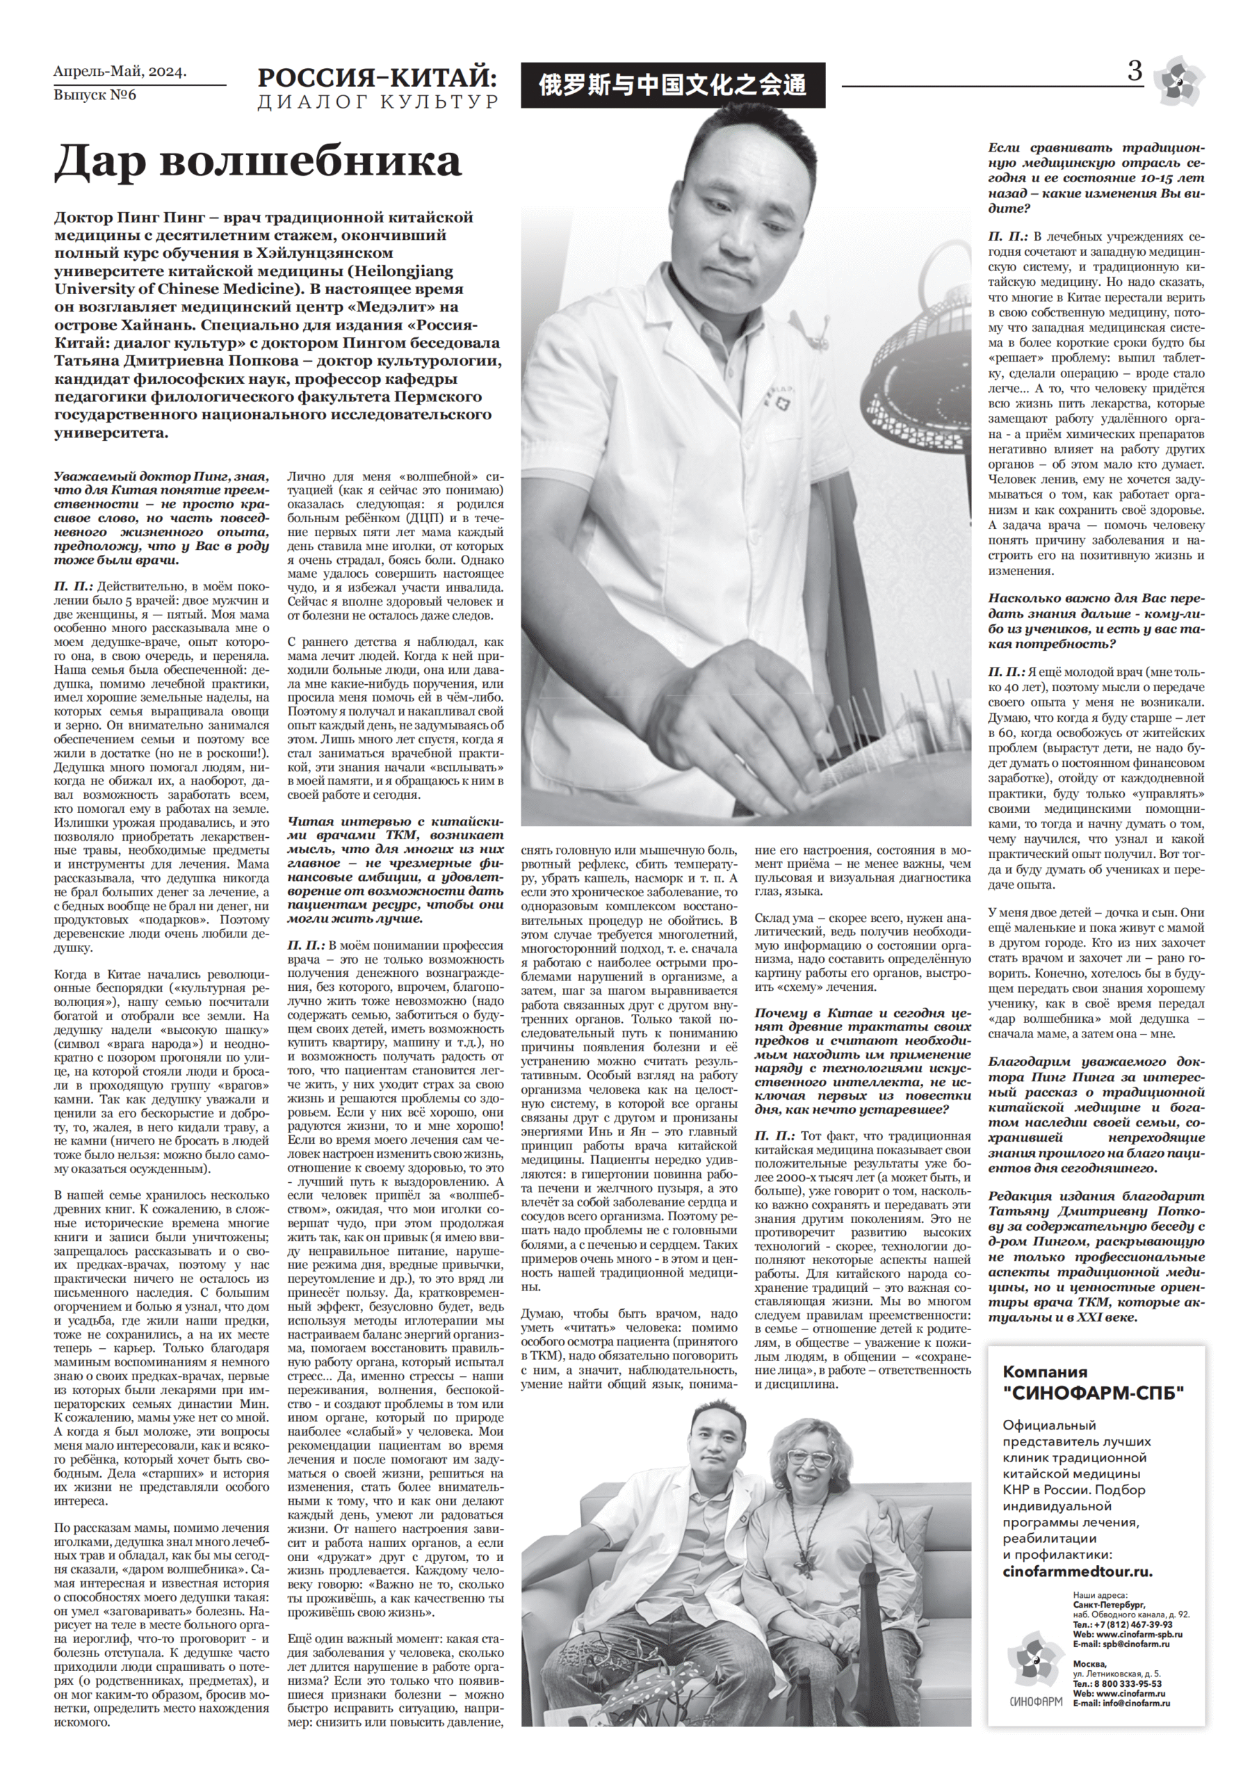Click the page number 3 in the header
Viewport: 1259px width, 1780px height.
[1134, 73]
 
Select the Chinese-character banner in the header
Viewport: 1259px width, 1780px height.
[673, 83]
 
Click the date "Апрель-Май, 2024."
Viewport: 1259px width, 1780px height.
[120, 72]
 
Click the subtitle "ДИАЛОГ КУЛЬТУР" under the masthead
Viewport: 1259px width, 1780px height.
[379, 102]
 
